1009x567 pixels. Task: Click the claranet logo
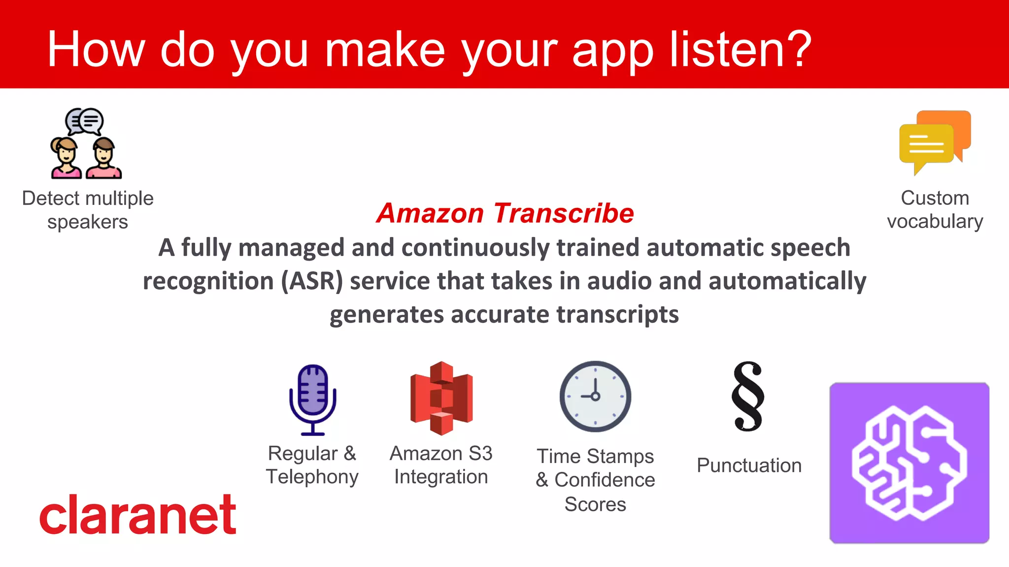pos(138,515)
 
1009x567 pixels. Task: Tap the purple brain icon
pos(909,463)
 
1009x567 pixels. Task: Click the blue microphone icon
pos(312,400)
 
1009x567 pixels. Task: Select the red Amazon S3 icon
pos(441,398)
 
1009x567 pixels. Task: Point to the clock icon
pos(595,396)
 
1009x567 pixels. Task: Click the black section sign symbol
pos(748,397)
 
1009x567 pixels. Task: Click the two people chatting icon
pos(86,143)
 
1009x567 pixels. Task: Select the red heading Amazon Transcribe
pos(505,213)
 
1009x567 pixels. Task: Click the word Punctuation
pos(749,466)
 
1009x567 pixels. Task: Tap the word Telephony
pos(312,477)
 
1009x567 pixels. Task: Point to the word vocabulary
pos(935,222)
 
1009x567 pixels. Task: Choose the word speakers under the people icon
pos(88,222)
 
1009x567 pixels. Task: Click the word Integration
pos(441,477)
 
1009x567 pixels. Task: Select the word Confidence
pos(605,480)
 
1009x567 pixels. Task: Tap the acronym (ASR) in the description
pos(312,281)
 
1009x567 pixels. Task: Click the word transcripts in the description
pos(617,314)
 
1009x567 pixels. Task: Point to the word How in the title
pos(96,49)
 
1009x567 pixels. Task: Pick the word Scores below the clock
pos(595,504)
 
